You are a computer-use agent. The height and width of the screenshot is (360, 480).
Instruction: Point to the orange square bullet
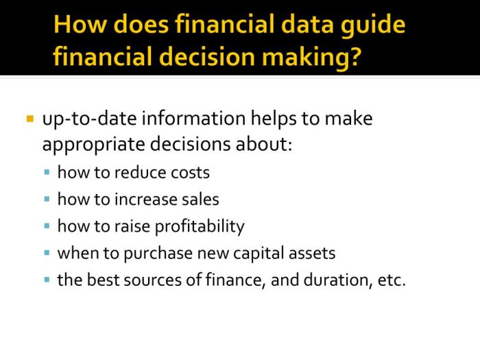pos(29,119)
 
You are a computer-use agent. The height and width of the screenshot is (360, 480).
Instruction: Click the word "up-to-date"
pos(89,119)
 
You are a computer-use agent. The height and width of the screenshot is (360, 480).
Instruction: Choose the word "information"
pos(193,118)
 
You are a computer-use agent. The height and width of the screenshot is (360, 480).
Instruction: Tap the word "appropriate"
pos(93,145)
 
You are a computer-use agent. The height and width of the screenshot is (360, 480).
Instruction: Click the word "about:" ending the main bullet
pos(264,143)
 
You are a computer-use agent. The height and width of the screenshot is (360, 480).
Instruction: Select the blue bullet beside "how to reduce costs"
pos(47,172)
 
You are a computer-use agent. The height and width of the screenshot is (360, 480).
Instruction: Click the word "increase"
pos(145,200)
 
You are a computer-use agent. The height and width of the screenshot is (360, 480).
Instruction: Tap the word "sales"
pos(200,200)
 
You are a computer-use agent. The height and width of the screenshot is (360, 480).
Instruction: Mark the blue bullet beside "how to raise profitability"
pos(47,226)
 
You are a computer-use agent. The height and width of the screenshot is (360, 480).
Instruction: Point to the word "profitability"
pos(200,227)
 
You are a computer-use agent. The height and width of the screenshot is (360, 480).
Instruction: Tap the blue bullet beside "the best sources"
pos(47,280)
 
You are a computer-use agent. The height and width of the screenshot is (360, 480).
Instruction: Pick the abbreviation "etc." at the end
pos(392,280)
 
